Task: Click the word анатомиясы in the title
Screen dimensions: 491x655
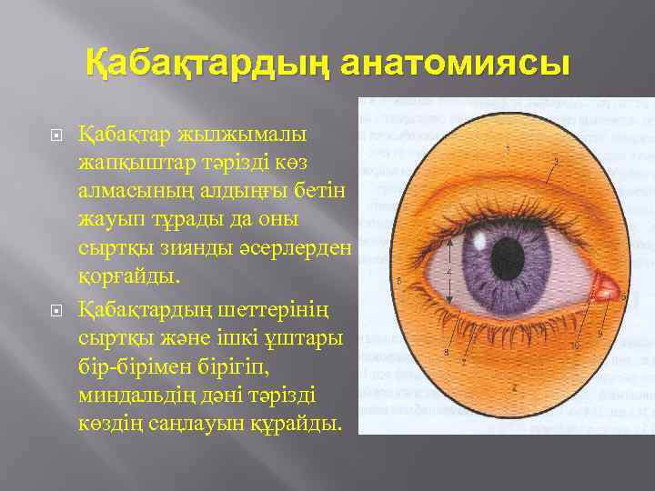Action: tap(457, 65)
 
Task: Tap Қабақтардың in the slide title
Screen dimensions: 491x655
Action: tap(208, 65)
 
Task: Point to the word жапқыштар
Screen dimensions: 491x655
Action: tap(136, 164)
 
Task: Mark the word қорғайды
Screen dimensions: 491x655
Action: tap(131, 279)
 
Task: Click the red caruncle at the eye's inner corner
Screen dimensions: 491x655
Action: tap(606, 288)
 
